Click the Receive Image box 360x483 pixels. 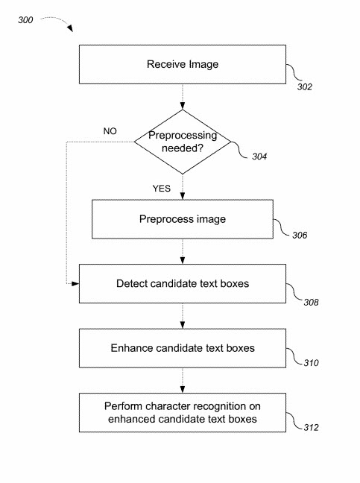tap(182, 64)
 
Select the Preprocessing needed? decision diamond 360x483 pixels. tap(182, 141)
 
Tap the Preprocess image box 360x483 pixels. tap(182, 220)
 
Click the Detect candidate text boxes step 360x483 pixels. tap(182, 284)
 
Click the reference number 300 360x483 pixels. tap(25, 21)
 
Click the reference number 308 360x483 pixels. tap(310, 302)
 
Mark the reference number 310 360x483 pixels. tap(310, 364)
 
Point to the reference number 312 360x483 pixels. tap(310, 426)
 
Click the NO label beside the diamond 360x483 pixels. tap(109, 130)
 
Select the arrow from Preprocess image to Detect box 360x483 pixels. tap(182, 253)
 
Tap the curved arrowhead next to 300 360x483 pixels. tap(69, 28)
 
